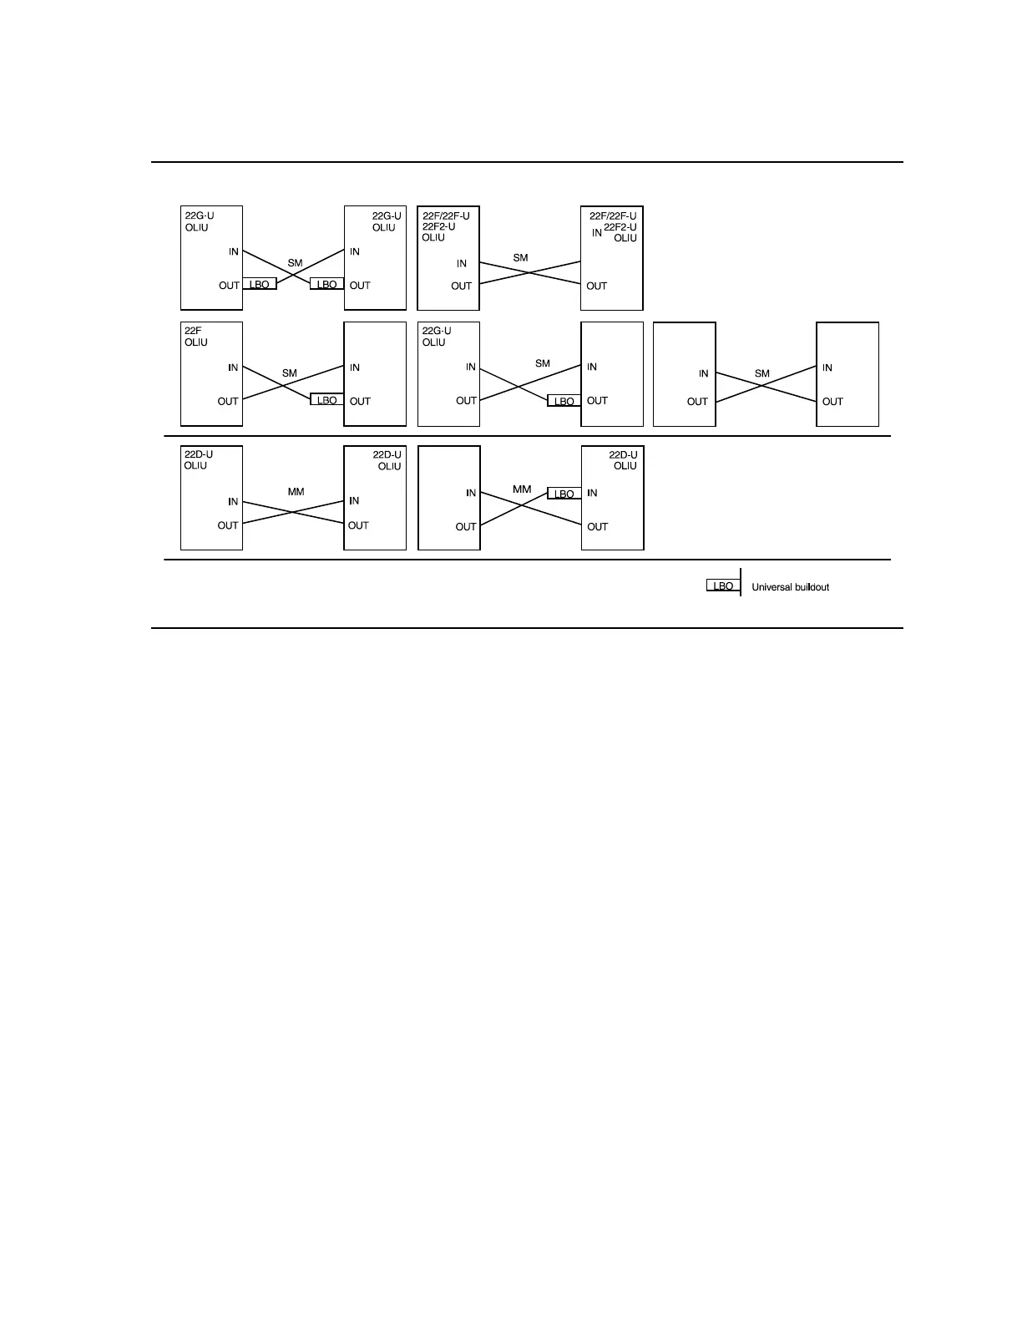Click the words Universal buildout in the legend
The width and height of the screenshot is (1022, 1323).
click(x=790, y=587)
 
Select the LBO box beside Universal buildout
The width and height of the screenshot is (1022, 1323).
click(x=723, y=586)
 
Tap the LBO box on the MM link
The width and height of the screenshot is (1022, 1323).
click(x=564, y=494)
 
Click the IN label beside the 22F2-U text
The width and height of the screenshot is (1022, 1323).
click(x=597, y=233)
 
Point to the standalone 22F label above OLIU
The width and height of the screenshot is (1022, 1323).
click(x=193, y=331)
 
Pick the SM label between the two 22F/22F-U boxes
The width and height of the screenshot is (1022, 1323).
click(x=520, y=258)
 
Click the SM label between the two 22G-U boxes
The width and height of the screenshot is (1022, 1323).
click(x=295, y=263)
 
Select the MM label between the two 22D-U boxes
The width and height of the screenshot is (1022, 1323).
click(x=296, y=492)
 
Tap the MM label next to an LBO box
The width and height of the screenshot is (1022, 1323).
click(x=522, y=489)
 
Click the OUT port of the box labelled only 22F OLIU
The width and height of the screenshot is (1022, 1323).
click(x=228, y=401)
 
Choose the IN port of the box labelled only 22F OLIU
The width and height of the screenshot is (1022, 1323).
click(x=233, y=367)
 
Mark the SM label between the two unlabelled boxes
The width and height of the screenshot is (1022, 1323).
click(x=761, y=373)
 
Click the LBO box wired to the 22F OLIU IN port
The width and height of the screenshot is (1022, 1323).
click(x=326, y=400)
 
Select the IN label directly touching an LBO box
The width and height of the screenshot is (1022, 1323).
click(x=592, y=493)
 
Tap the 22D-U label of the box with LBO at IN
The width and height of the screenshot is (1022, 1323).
click(x=623, y=455)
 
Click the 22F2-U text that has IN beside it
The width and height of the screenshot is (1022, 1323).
click(x=620, y=227)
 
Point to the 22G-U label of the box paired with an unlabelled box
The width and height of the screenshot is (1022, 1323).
click(x=437, y=331)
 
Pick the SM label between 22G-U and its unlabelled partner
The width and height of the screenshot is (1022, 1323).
click(x=543, y=363)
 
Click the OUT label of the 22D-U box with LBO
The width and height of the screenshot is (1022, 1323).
click(x=598, y=526)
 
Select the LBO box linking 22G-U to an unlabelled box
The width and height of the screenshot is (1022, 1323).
click(x=564, y=401)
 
